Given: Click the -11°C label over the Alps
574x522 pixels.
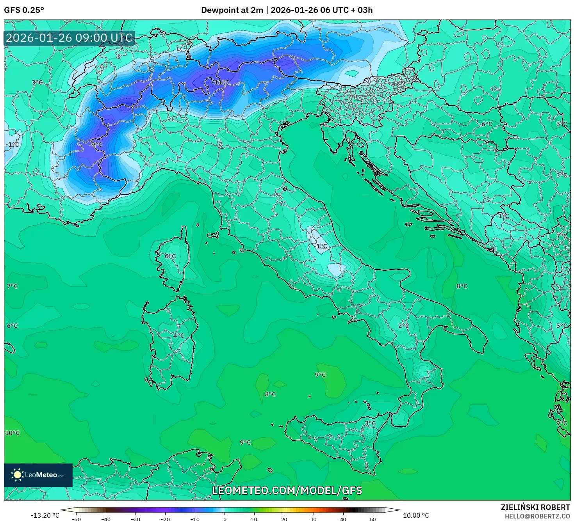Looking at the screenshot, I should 221,82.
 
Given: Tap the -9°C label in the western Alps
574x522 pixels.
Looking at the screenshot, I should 96,145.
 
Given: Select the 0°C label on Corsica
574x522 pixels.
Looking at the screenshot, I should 170,256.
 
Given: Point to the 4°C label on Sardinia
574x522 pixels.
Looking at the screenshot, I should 178,336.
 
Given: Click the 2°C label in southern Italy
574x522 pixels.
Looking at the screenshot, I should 403,326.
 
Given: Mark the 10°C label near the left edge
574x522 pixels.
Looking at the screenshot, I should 12,433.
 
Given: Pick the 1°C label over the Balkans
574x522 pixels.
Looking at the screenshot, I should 503,216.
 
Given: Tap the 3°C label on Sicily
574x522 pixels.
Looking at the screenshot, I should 370,423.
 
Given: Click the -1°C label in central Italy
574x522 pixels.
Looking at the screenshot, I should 321,246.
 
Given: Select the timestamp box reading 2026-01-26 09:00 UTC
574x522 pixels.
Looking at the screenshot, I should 70,38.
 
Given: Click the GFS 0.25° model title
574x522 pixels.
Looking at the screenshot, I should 24,10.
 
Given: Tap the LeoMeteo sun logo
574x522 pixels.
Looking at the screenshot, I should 17,475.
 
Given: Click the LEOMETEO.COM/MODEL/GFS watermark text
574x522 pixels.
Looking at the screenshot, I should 287,490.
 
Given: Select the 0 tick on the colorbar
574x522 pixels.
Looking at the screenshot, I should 225,519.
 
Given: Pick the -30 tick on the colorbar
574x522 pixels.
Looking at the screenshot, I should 135,519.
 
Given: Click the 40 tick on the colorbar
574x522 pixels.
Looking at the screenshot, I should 343,519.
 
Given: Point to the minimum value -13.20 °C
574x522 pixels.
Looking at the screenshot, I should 45,515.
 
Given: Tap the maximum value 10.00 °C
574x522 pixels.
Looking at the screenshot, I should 416,515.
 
